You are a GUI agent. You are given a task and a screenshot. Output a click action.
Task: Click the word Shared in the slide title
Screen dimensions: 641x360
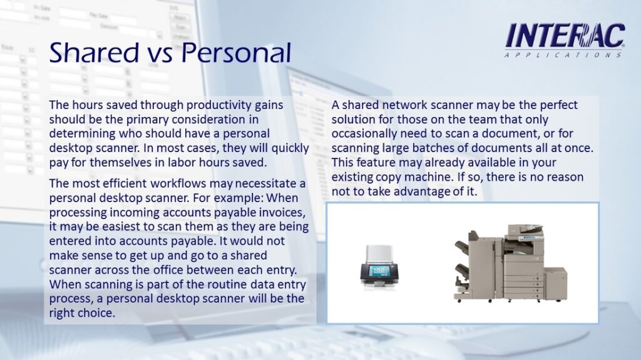click(94, 53)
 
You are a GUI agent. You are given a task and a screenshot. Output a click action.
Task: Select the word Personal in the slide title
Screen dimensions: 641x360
click(236, 53)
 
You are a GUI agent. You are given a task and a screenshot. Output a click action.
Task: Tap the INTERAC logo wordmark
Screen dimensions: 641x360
click(565, 36)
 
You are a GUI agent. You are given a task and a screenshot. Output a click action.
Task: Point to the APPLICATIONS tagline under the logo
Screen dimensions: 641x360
click(563, 55)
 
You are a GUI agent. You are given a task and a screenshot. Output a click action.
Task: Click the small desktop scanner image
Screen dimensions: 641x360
click(379, 267)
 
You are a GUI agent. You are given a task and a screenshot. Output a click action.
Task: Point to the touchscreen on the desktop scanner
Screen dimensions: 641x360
click(379, 271)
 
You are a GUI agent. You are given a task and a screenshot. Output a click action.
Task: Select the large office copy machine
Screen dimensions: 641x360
click(510, 263)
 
